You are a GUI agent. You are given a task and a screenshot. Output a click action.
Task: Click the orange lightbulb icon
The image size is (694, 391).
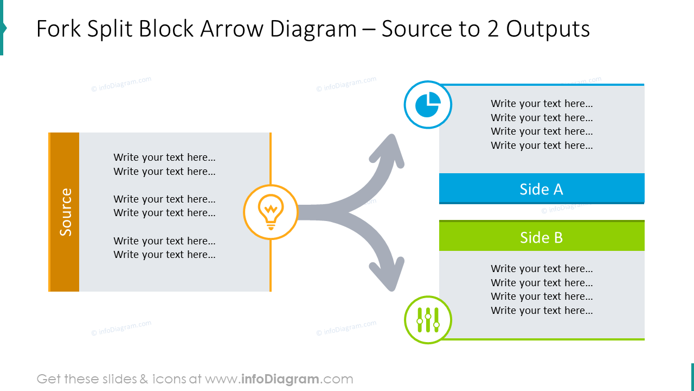(271, 212)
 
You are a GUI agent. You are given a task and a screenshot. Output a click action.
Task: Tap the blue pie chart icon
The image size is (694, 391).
(428, 105)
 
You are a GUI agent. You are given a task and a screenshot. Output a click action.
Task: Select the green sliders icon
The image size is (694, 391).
(428, 320)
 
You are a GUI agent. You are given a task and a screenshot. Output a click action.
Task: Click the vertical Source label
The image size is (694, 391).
(66, 212)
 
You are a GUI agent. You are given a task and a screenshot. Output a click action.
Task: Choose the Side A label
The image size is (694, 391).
(541, 189)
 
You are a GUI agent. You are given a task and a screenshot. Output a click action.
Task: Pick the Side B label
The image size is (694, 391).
(541, 237)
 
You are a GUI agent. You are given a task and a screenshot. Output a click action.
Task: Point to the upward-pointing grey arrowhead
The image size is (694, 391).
(389, 150)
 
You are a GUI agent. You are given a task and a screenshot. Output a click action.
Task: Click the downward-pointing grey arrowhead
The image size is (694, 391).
(389, 274)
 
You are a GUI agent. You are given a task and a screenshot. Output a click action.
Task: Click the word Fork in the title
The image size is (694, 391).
(58, 29)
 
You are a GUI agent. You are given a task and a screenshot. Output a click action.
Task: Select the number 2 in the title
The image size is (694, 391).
(493, 29)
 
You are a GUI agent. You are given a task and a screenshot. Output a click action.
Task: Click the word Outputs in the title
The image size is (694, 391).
(548, 29)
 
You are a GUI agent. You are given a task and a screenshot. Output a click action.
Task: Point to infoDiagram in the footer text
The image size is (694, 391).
(280, 379)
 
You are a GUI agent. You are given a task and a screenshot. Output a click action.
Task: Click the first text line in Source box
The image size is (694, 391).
(164, 157)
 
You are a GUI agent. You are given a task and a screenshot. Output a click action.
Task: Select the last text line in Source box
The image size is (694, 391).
(164, 255)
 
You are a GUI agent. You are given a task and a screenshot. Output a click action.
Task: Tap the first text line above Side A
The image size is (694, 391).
(542, 104)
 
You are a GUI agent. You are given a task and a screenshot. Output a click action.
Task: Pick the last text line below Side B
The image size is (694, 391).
(542, 310)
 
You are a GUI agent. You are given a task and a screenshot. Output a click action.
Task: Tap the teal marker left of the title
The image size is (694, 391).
(3, 28)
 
